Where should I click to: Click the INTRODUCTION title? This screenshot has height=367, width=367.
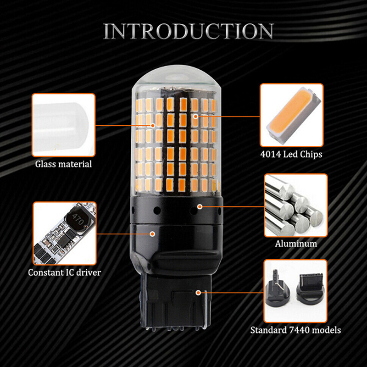tap(189, 31)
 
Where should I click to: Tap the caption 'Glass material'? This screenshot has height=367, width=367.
tap(63, 164)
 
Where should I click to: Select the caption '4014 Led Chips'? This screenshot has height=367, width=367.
tap(291, 155)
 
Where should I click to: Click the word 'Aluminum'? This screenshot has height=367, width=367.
tap(296, 244)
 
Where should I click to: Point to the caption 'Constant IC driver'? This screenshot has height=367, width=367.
tap(64, 272)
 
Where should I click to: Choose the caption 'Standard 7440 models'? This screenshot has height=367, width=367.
tap(295, 330)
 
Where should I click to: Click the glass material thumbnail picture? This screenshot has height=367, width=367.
tap(64, 125)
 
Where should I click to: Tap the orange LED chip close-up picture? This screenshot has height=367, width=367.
tap(292, 115)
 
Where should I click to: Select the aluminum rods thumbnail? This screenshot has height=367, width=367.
tap(296, 206)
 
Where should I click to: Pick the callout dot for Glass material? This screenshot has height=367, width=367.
tap(153, 125)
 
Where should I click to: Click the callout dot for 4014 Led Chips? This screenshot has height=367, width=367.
tap(196, 116)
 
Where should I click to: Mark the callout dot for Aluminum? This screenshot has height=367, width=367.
tap(200, 207)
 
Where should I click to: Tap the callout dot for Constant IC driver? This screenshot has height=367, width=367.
tap(152, 234)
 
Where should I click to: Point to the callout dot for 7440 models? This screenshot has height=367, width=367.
tap(198, 293)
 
